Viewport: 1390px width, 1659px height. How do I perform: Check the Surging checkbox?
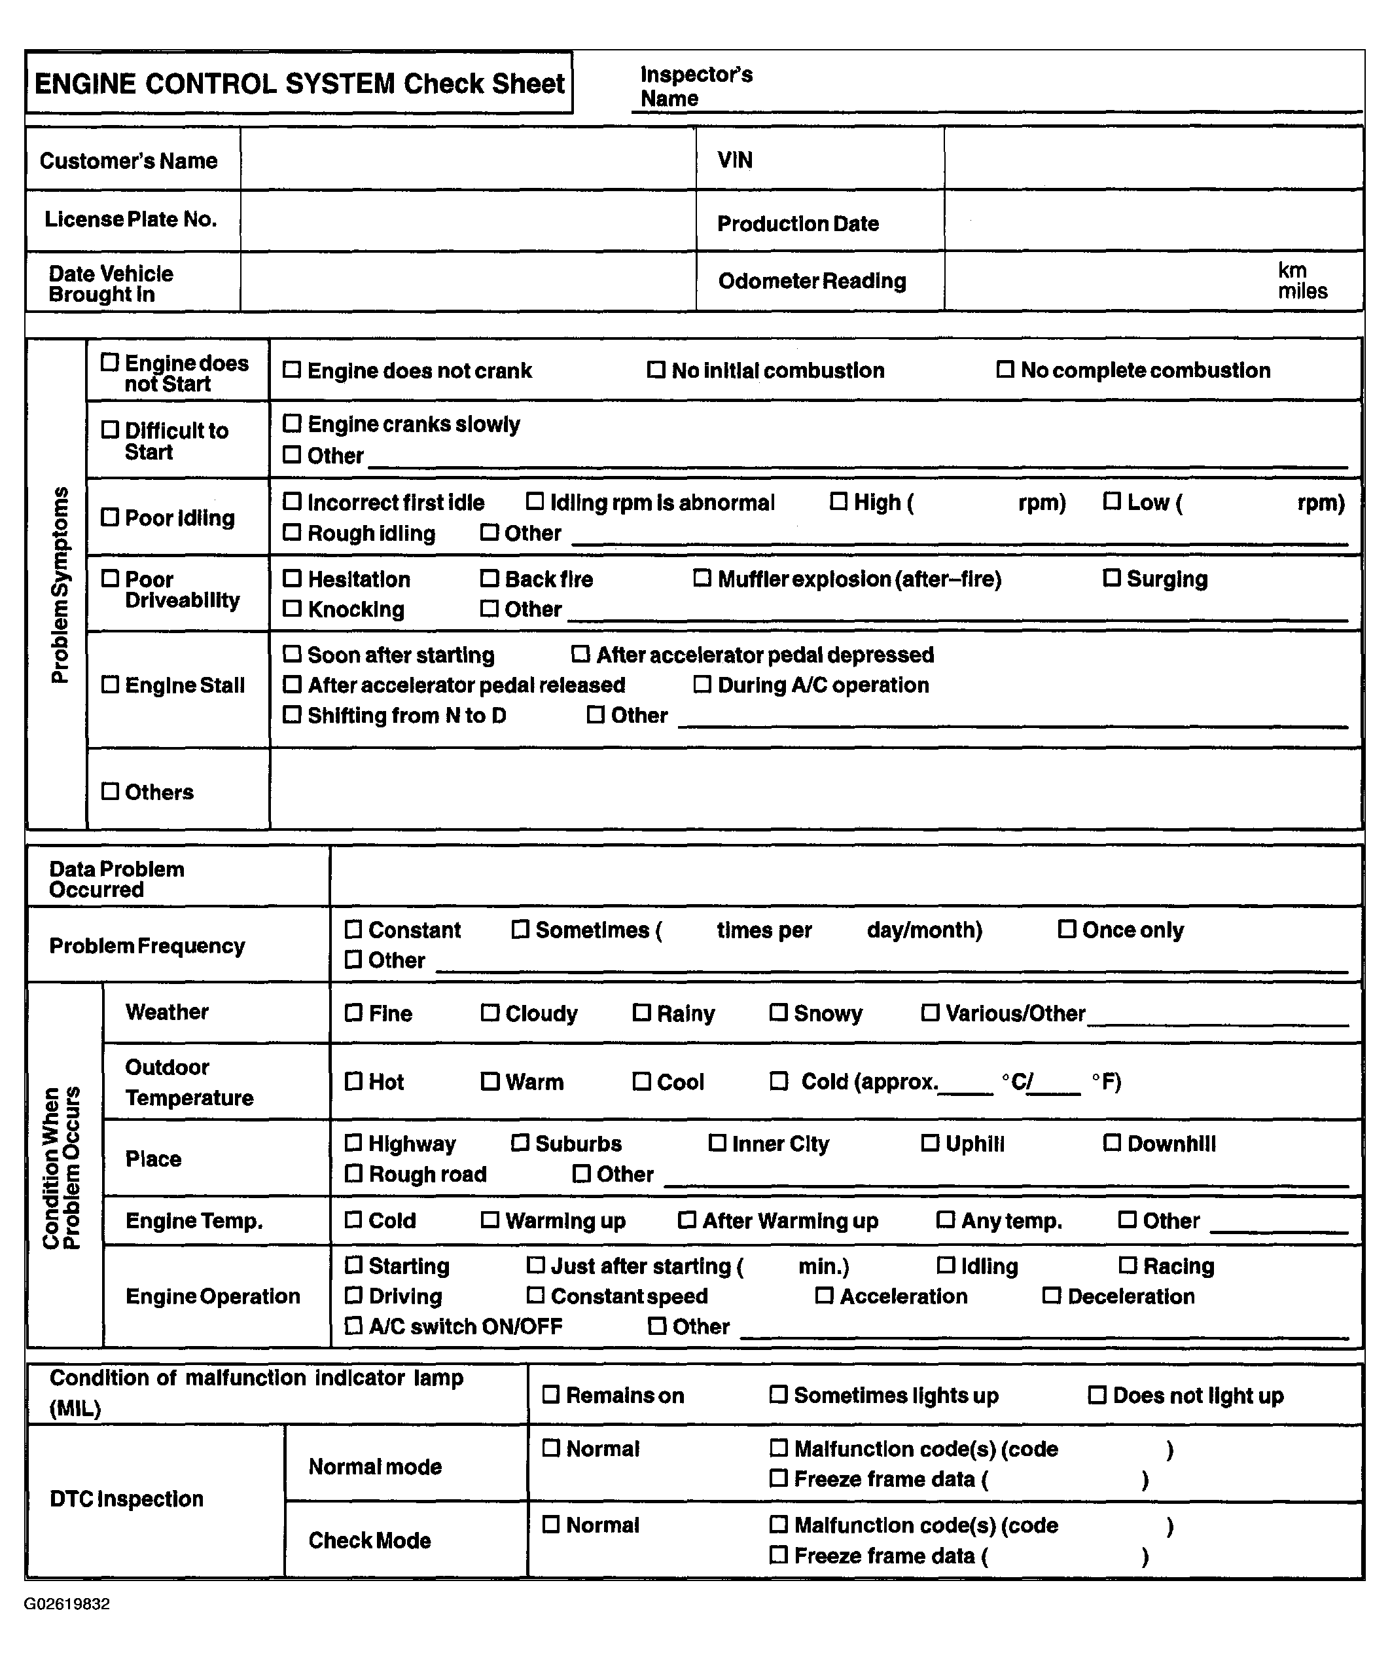click(1111, 578)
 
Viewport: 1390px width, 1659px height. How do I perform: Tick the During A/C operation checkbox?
click(702, 684)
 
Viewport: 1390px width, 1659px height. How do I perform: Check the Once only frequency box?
click(1067, 929)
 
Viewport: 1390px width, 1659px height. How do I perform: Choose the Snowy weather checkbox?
click(779, 1012)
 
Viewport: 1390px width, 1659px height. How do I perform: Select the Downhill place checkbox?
click(1112, 1142)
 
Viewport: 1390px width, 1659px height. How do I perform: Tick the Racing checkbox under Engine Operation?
click(1128, 1266)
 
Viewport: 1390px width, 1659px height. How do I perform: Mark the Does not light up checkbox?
click(1097, 1395)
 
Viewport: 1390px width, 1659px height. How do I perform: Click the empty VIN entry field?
click(1153, 159)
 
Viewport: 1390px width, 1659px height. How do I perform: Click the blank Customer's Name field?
click(467, 159)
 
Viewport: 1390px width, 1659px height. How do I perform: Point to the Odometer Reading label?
click(812, 282)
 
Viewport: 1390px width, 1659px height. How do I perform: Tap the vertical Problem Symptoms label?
click(60, 585)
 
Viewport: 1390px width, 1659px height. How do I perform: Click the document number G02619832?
click(67, 1605)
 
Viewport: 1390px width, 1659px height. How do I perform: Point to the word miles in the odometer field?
click(1302, 291)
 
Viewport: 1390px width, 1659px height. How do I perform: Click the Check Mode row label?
click(370, 1541)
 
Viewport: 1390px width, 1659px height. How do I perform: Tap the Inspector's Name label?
click(696, 86)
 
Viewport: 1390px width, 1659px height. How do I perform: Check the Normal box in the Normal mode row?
click(551, 1448)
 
